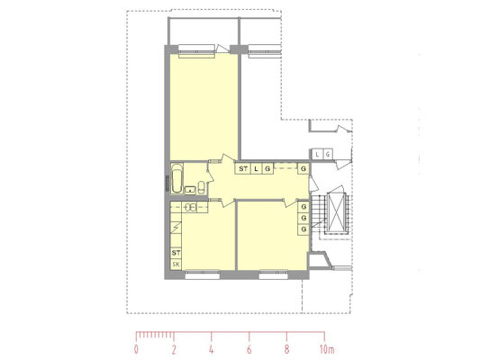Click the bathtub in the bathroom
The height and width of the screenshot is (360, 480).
tap(177, 178)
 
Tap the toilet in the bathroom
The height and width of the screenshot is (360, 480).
tap(202, 188)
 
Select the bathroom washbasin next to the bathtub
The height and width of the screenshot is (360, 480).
tap(190, 190)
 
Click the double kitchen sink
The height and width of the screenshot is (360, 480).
tap(190, 207)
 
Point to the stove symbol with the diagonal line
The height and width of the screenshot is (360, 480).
tap(176, 228)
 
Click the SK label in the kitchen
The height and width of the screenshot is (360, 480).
tap(176, 265)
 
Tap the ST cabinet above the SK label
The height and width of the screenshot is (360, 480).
tap(176, 253)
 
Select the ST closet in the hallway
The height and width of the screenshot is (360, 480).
tap(243, 168)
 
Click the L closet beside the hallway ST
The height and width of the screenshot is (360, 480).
tap(257, 168)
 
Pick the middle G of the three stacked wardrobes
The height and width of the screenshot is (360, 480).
tap(303, 218)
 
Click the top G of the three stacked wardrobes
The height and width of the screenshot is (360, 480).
tap(303, 207)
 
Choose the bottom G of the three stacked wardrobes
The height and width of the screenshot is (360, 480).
tap(303, 229)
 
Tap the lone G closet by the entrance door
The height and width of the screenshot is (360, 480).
tap(303, 168)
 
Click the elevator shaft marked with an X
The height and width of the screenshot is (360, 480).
tap(336, 211)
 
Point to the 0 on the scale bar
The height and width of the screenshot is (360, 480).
tap(136, 349)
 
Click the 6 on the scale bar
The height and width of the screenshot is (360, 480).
tap(249, 349)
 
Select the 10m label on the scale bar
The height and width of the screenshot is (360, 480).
tap(327, 349)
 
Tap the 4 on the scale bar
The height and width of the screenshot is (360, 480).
tap(212, 349)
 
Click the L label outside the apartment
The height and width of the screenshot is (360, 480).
tap(317, 155)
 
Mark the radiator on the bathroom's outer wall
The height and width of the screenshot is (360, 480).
tap(167, 184)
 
